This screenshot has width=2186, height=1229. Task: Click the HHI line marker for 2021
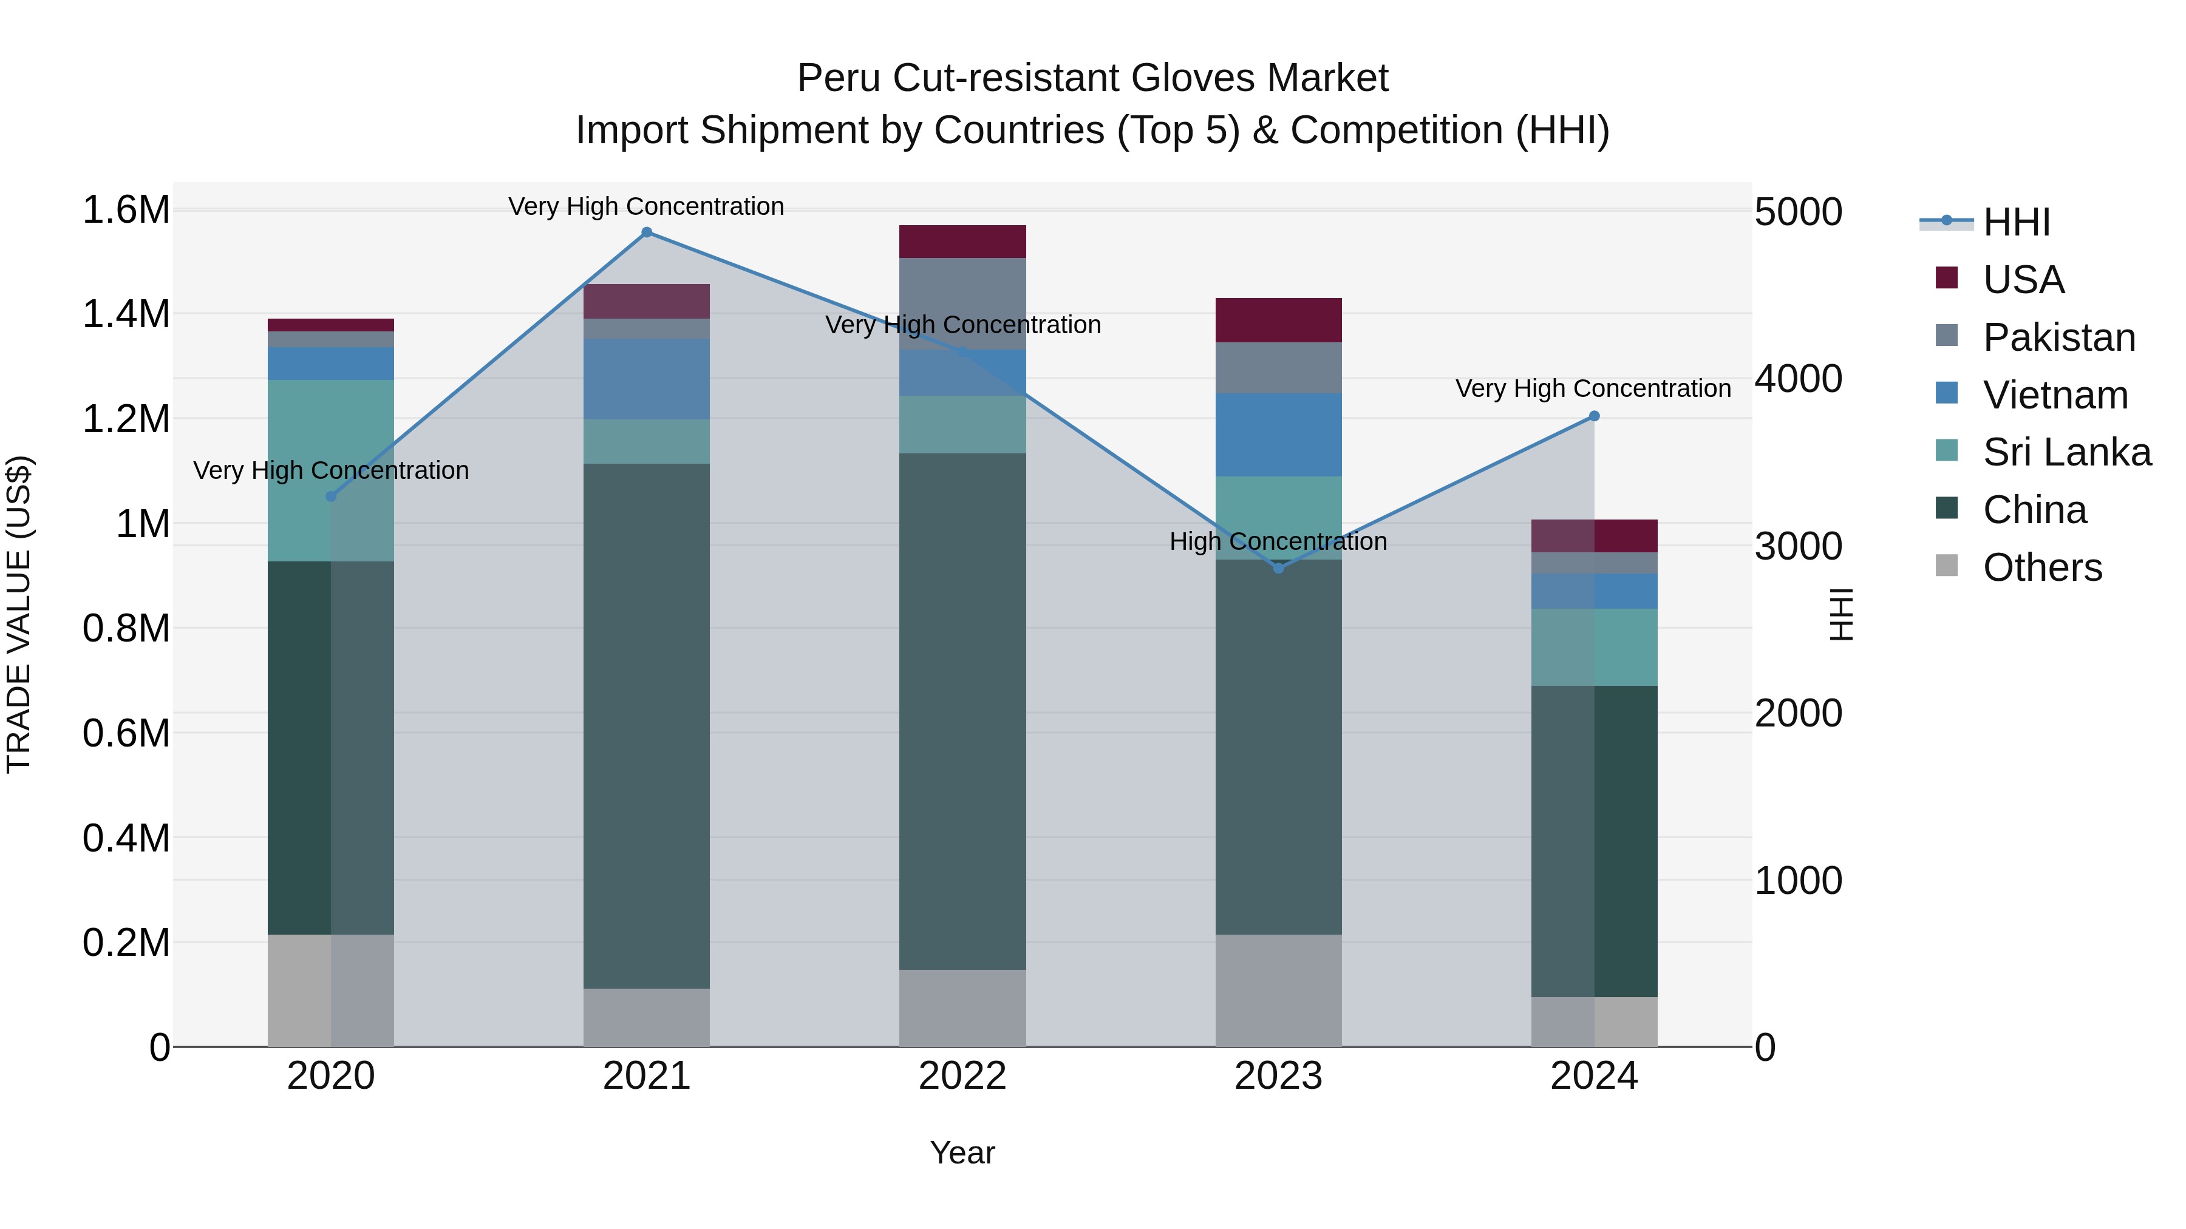pos(647,232)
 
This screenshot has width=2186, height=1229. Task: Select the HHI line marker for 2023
pos(1279,568)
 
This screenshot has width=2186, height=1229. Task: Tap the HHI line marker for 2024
pos(1594,416)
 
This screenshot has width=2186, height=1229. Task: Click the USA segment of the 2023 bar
pos(1278,320)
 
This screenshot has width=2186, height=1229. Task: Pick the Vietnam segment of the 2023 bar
pos(1278,435)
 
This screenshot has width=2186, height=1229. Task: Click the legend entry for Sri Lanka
pos(2066,452)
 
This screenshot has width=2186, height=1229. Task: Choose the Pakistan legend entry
pos(2058,337)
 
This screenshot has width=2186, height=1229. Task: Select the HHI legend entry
pos(2015,222)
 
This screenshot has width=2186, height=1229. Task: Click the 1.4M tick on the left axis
pos(126,314)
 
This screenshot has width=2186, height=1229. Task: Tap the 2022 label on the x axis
pos(962,1076)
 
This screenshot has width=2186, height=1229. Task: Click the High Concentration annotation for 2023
pos(1278,541)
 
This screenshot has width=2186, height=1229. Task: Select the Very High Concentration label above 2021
pos(646,206)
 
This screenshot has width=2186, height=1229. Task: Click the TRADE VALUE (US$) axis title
pos(19,614)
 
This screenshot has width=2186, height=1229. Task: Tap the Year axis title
pos(962,1153)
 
